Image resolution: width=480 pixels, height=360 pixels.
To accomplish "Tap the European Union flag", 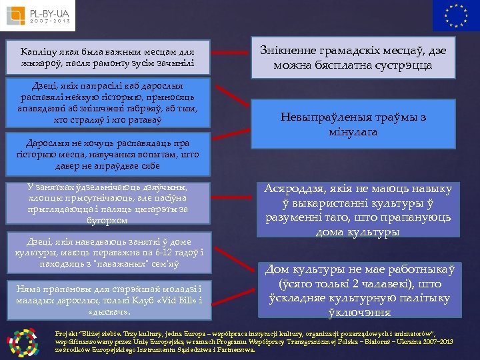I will pyautogui.click(x=455, y=15).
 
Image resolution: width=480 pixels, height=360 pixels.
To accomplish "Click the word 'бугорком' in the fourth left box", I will pyautogui.click(x=108, y=220).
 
